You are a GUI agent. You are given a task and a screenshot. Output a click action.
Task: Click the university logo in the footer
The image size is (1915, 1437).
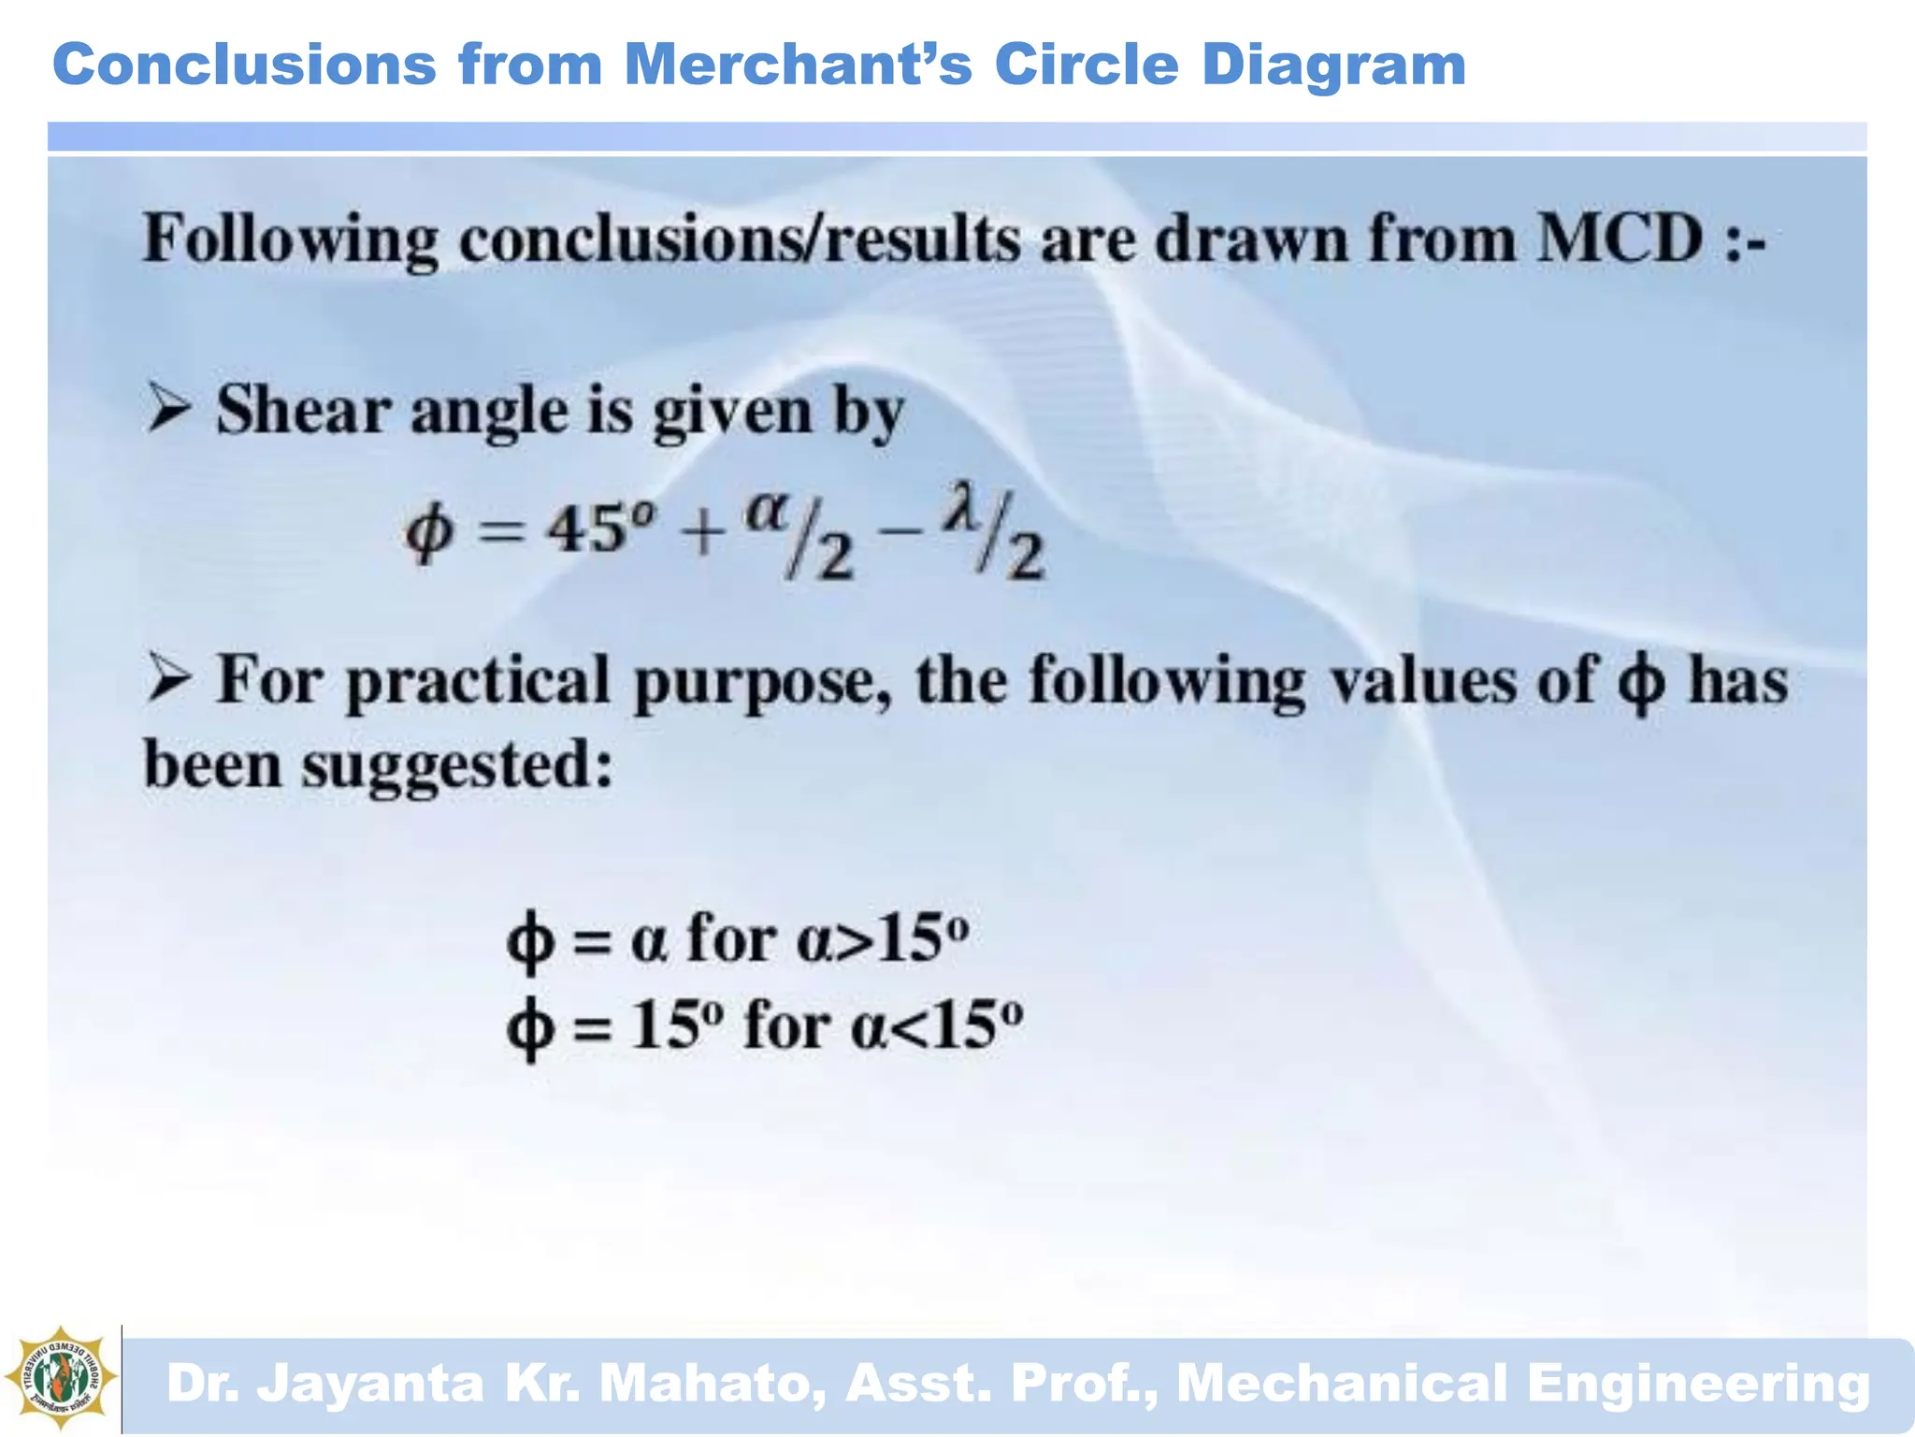click(61, 1378)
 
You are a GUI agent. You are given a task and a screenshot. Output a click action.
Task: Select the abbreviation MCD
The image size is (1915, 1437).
click(1620, 239)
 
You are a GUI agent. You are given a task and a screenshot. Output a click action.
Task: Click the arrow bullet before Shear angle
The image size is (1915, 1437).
click(169, 411)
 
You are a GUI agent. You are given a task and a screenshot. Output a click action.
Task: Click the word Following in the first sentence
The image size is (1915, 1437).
click(290, 240)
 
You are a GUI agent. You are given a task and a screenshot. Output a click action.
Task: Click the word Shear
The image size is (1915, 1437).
click(303, 411)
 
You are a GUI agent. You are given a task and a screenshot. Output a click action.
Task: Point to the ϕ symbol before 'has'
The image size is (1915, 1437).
click(1641, 682)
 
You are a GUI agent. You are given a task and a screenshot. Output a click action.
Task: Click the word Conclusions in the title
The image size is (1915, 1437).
click(244, 65)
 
